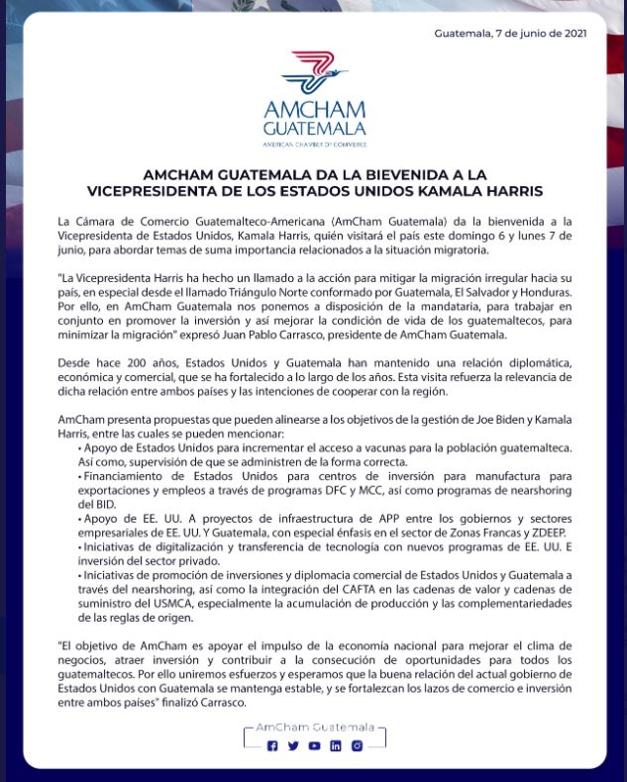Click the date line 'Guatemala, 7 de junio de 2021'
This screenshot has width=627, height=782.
(511, 34)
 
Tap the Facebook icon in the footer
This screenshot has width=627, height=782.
(272, 745)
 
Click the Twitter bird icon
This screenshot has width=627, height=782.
(293, 745)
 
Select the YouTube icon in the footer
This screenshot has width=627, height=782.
(314, 745)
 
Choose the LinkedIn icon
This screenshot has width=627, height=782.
(336, 745)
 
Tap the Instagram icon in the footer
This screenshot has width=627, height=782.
(357, 745)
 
